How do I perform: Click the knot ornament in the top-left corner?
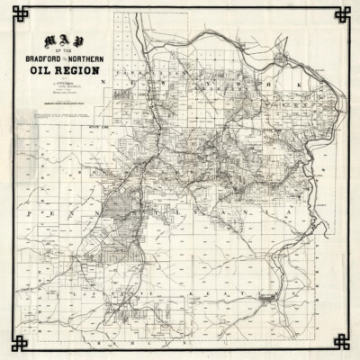coord(13,13)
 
